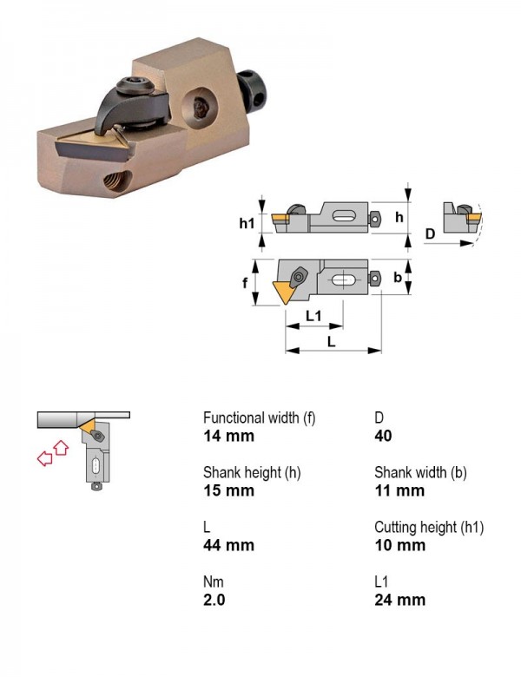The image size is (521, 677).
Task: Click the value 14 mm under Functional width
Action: click(x=228, y=436)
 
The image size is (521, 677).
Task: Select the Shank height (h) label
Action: click(x=252, y=472)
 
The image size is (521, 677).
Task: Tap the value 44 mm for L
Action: click(x=228, y=545)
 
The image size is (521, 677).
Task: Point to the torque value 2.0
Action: click(x=214, y=600)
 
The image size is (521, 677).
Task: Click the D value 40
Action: click(x=383, y=436)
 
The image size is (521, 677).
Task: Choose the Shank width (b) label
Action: click(x=420, y=472)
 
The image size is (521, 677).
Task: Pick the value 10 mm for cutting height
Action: click(x=400, y=545)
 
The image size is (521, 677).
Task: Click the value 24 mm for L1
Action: click(x=400, y=600)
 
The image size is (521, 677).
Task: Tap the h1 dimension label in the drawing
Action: click(x=247, y=223)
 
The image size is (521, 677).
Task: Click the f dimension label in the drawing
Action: click(x=245, y=283)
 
